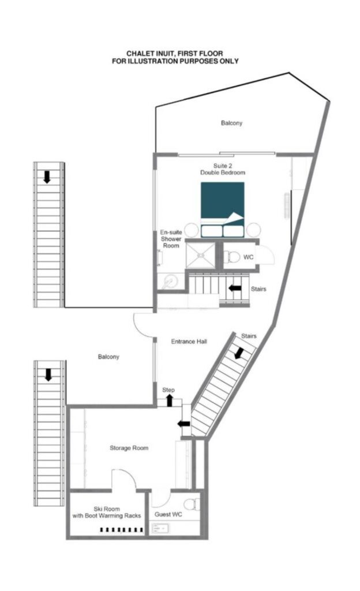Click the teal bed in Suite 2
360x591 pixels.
point(222,210)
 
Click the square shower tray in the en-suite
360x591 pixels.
point(200,255)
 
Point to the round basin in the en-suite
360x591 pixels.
point(171,281)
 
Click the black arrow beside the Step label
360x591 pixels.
point(170,401)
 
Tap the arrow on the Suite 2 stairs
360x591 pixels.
point(235,289)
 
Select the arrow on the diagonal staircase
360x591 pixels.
point(239,353)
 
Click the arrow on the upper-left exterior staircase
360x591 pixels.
point(47,177)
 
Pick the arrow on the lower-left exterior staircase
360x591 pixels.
point(48,375)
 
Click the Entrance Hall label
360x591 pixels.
point(189,342)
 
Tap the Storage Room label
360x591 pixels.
point(129,448)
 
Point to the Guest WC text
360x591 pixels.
point(168,514)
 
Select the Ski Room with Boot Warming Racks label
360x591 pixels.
point(107,513)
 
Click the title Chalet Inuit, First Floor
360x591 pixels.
point(175,54)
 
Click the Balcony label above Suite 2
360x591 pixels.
point(231,123)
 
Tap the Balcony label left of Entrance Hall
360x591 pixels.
point(108,357)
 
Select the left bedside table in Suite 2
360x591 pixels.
point(192,230)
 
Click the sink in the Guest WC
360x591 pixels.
point(160,528)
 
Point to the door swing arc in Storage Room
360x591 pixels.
point(128,476)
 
